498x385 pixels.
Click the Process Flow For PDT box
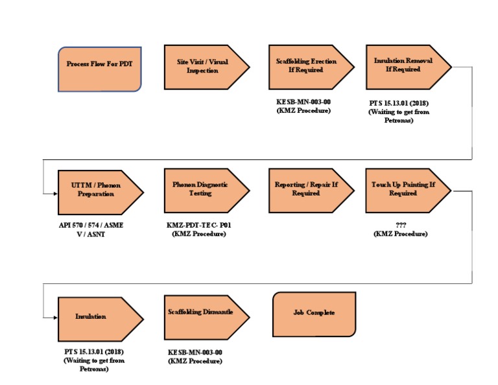[x=100, y=69]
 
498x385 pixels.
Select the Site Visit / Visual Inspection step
[x=207, y=67]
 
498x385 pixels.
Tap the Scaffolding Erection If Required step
[x=311, y=67]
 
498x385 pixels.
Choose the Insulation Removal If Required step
[x=409, y=67]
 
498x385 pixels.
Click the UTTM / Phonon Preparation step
[x=101, y=192]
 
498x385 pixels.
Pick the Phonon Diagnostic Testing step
[x=207, y=191]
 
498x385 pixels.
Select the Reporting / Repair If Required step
[x=311, y=191]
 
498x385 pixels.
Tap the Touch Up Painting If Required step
[x=409, y=191]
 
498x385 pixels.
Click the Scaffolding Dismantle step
[x=207, y=318]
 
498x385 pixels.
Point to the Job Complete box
[x=314, y=314]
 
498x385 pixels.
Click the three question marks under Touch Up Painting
[x=401, y=225]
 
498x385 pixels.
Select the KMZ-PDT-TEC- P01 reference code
[x=199, y=225]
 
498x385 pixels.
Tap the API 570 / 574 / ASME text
[x=91, y=225]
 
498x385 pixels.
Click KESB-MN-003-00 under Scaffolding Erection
[x=303, y=102]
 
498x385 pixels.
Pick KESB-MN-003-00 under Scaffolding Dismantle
[x=195, y=353]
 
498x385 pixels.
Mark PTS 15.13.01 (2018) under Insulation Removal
[x=399, y=103]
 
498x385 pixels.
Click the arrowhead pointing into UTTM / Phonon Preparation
[x=56, y=193]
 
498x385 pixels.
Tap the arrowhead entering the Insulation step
[x=56, y=318]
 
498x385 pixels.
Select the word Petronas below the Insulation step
[x=94, y=369]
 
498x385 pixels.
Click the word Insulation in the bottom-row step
[x=91, y=316]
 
